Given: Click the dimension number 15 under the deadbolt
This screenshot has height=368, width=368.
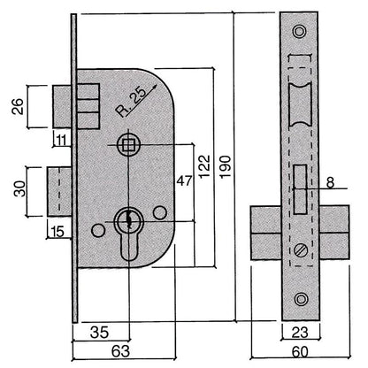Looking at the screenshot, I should tap(57, 233).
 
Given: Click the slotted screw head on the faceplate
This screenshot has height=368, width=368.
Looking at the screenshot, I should tap(299, 251).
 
